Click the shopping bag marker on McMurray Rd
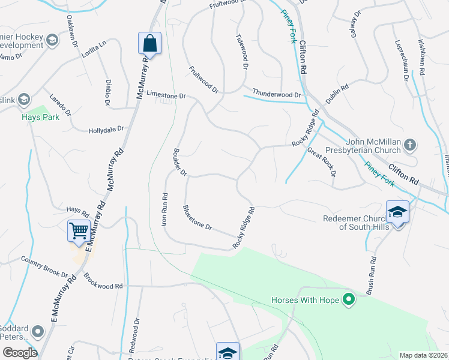[x=149, y=43]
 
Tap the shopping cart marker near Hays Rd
[x=79, y=230]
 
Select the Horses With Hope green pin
[x=348, y=299]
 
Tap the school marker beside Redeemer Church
[x=397, y=212]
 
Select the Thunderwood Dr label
[x=276, y=95]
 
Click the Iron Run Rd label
[x=164, y=208]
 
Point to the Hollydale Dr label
[x=106, y=129]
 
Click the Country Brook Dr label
[x=44, y=267]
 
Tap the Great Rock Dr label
[x=322, y=161]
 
